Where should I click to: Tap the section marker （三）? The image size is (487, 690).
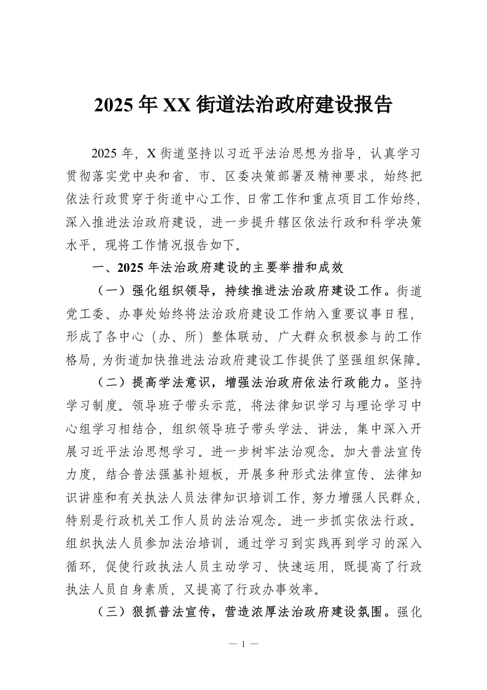111,613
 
